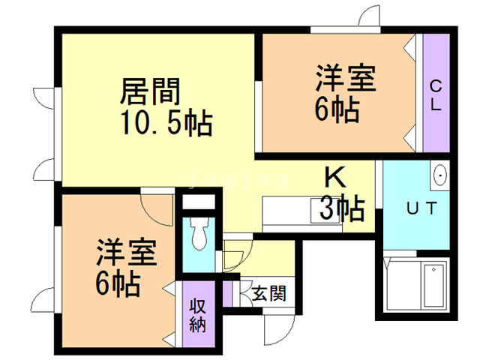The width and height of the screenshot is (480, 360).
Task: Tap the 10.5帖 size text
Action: point(165,121)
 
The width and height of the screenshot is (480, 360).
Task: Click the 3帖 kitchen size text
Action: point(342,207)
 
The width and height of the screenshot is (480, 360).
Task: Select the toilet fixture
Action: point(200,235)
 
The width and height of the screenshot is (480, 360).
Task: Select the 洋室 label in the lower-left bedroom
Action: point(126,253)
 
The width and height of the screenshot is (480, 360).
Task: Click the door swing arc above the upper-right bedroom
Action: point(367,18)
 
